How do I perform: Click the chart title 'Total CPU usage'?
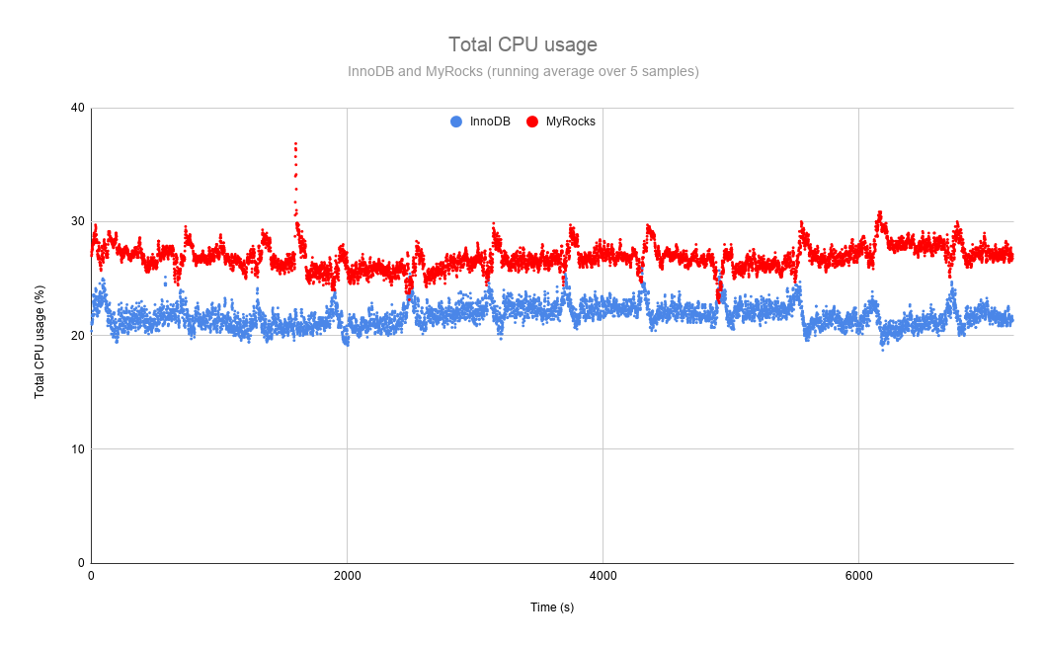point(523,44)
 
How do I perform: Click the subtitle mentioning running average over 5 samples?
point(523,71)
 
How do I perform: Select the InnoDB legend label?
point(490,121)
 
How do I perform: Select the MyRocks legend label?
point(570,121)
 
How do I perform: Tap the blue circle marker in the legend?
point(456,121)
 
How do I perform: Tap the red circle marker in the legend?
point(532,121)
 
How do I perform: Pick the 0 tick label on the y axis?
point(81,562)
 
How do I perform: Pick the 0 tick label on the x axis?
point(91,576)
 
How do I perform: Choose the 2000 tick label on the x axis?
point(347,576)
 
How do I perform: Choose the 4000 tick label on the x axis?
point(603,576)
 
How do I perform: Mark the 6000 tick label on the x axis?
point(858,576)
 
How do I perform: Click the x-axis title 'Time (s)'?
point(551,607)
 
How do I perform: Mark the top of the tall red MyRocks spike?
point(295,144)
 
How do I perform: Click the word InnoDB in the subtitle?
point(371,71)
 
